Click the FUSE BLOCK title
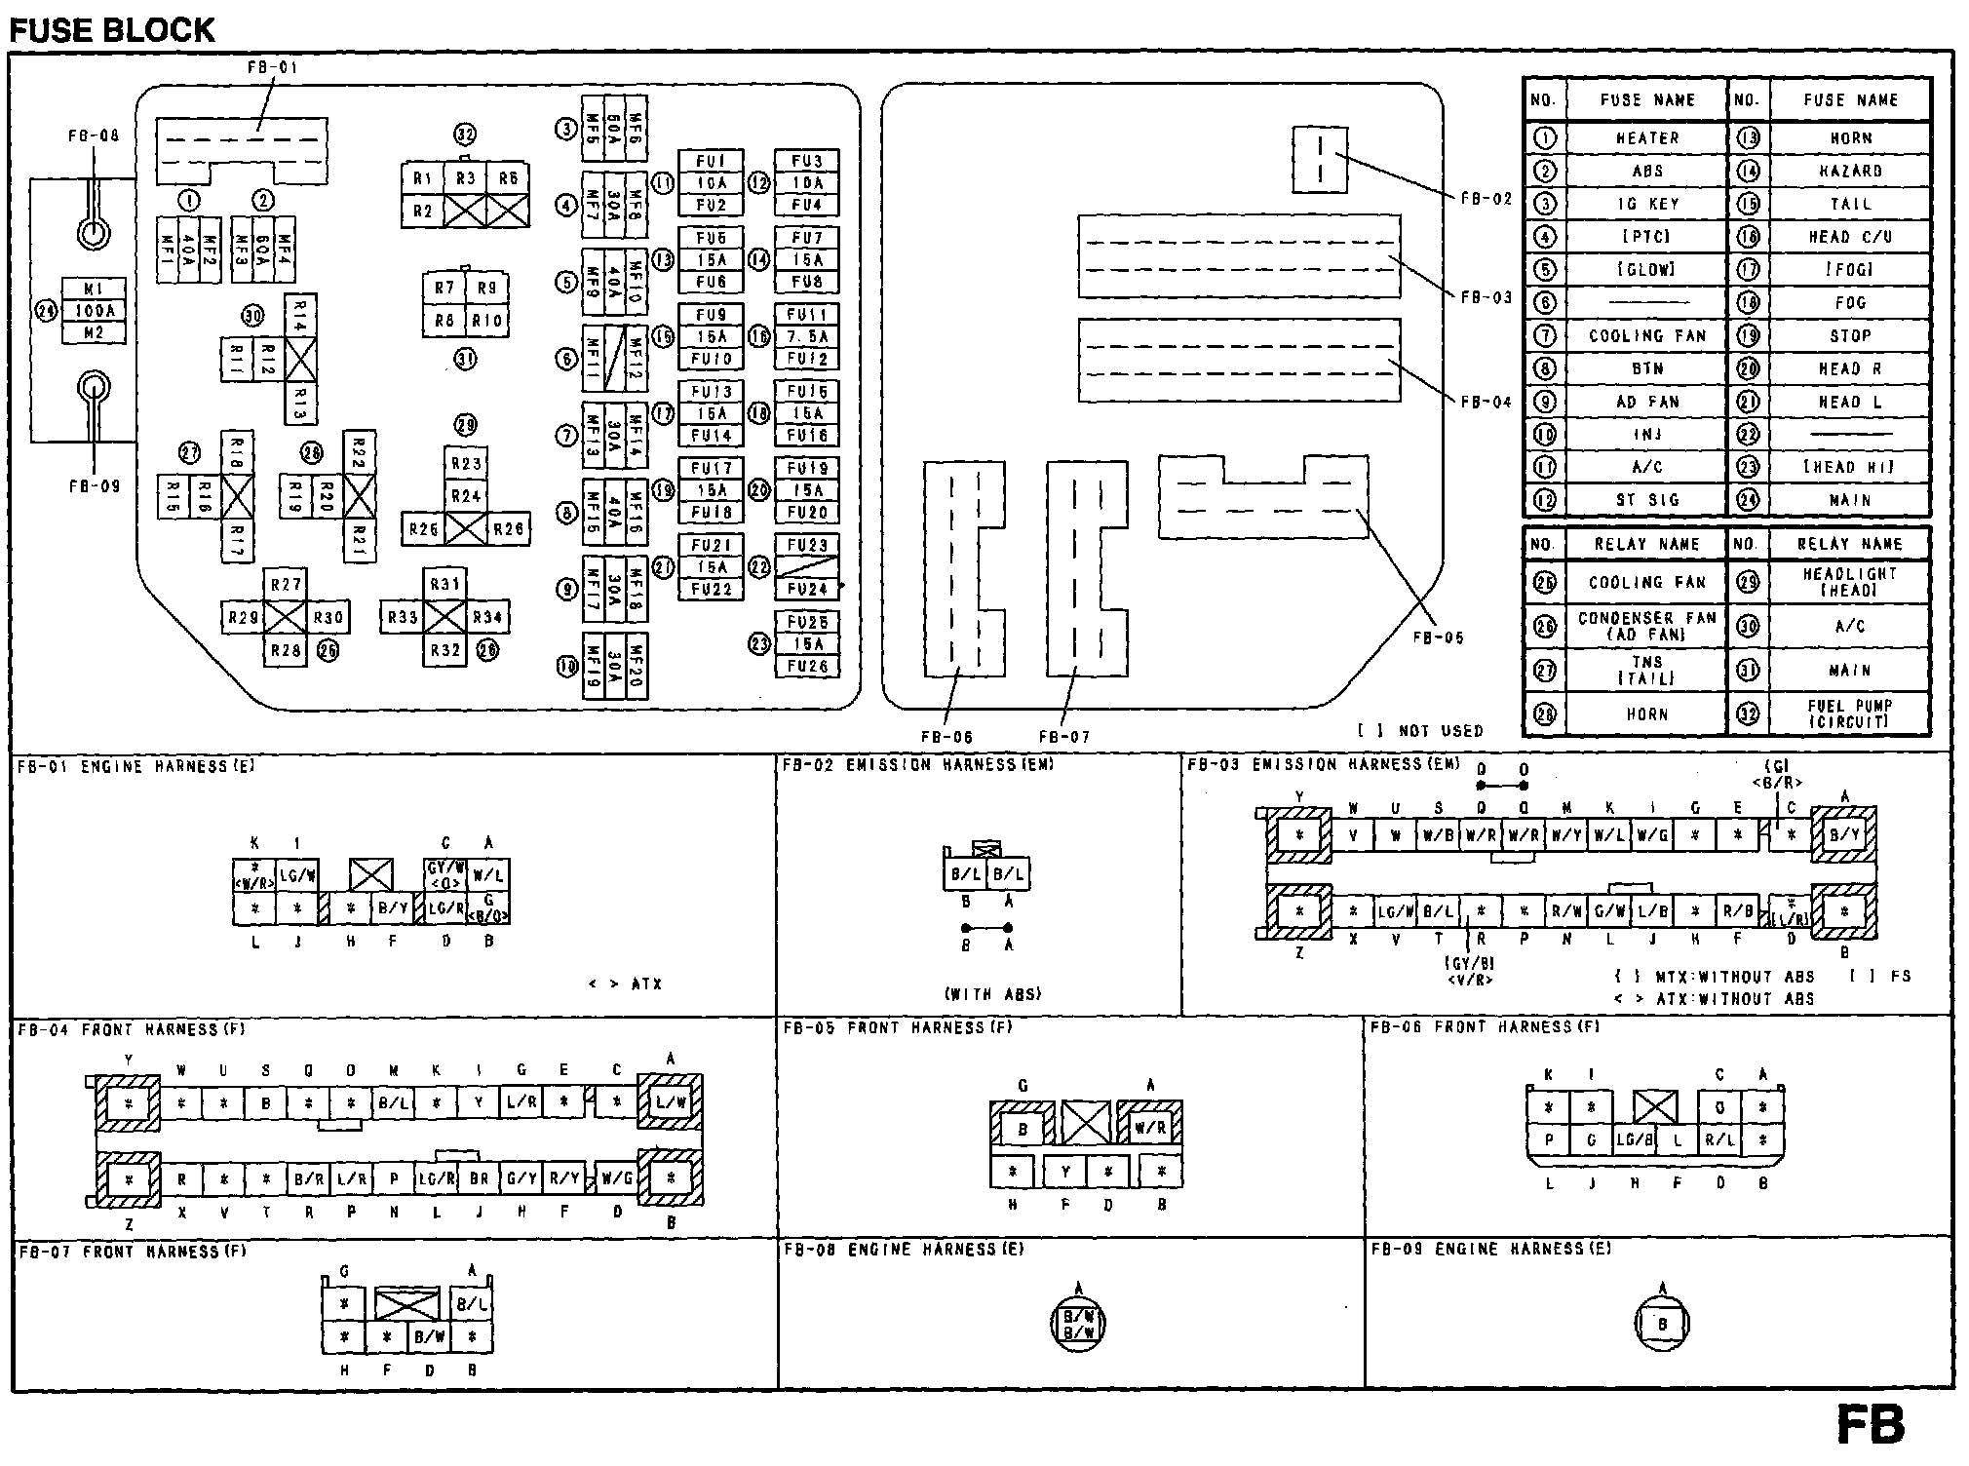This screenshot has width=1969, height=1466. pyautogui.click(x=111, y=30)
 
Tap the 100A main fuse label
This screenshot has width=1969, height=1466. pyautogui.click(x=95, y=311)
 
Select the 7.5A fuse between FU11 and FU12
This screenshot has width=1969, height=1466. pyautogui.click(x=807, y=336)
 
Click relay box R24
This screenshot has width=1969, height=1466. pyautogui.click(x=466, y=495)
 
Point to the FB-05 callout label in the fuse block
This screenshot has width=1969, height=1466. pyautogui.click(x=1438, y=637)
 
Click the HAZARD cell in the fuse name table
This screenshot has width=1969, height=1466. pyautogui.click(x=1850, y=171)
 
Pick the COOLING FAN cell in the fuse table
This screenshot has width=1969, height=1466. pyautogui.click(x=1647, y=335)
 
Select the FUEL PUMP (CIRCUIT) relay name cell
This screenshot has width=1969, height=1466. pyautogui.click(x=1849, y=714)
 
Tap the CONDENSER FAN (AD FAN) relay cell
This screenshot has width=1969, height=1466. pyautogui.click(x=1646, y=626)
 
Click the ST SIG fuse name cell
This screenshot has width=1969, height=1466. pyautogui.click(x=1647, y=500)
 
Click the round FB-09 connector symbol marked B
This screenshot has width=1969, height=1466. pyautogui.click(x=1662, y=1323)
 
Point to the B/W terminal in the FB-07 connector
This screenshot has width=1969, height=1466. pyautogui.click(x=429, y=1336)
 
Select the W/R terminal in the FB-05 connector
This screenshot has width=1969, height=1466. pyautogui.click(x=1150, y=1128)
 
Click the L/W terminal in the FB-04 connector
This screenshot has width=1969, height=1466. pyautogui.click(x=671, y=1102)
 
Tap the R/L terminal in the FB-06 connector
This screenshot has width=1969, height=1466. pyautogui.click(x=1719, y=1138)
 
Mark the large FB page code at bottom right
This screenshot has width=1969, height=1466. pyautogui.click(x=1870, y=1425)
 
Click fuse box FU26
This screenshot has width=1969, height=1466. pyautogui.click(x=807, y=667)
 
